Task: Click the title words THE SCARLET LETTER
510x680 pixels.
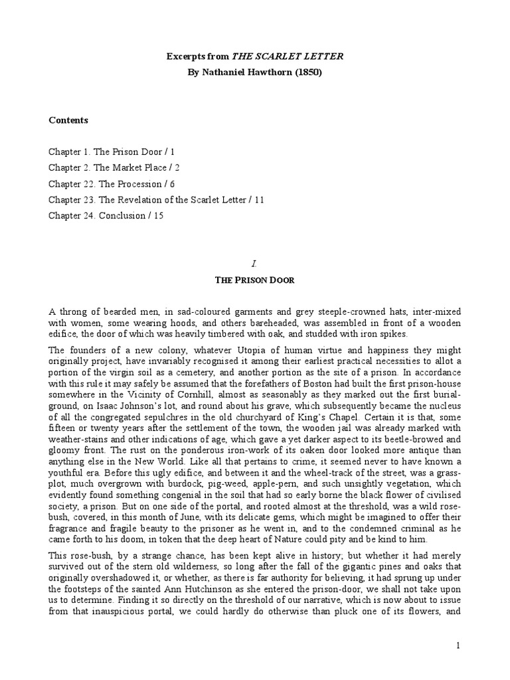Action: click(x=287, y=57)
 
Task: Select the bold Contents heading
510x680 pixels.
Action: click(x=68, y=120)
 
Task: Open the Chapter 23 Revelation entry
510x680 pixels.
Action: click(x=156, y=200)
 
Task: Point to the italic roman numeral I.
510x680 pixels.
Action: click(x=254, y=264)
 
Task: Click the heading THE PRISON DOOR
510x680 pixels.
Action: click(x=254, y=280)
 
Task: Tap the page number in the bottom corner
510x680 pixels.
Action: click(x=458, y=645)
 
